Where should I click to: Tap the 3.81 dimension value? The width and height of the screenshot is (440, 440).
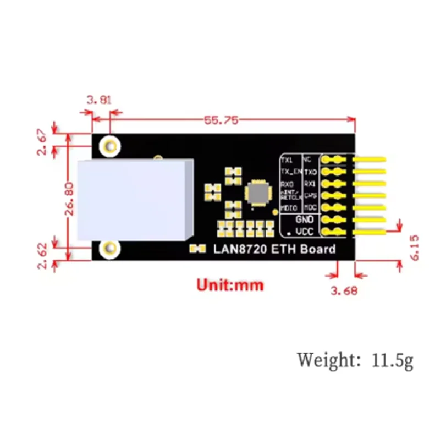point(99,100)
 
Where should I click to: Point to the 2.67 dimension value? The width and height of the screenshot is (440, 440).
point(43,142)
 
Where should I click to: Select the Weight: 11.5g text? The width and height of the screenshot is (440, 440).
point(355,360)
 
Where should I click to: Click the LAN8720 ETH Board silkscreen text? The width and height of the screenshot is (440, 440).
point(274,249)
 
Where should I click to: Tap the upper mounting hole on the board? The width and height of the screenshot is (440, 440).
point(111,146)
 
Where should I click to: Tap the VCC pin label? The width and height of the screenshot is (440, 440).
point(304,232)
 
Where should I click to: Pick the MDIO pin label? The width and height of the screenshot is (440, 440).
point(289,208)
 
